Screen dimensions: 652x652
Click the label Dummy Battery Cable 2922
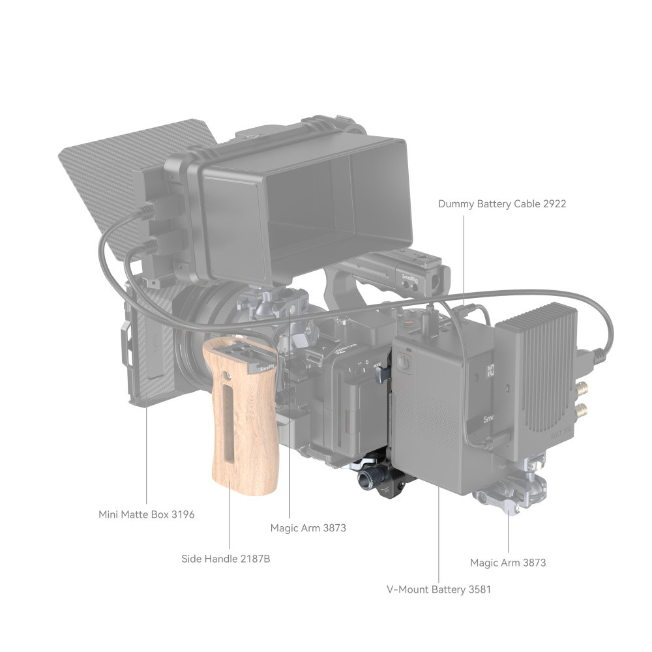click(x=502, y=203)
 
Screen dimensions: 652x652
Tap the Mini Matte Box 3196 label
click(x=146, y=514)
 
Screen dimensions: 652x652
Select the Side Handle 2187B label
click(x=226, y=559)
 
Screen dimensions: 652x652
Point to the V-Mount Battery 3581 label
click(x=439, y=589)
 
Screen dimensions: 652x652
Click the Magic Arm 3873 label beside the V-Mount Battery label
click(x=508, y=563)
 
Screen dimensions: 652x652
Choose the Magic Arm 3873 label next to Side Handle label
click(x=308, y=527)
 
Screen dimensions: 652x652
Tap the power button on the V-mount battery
click(x=404, y=362)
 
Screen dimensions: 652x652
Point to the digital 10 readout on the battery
click(x=490, y=370)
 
